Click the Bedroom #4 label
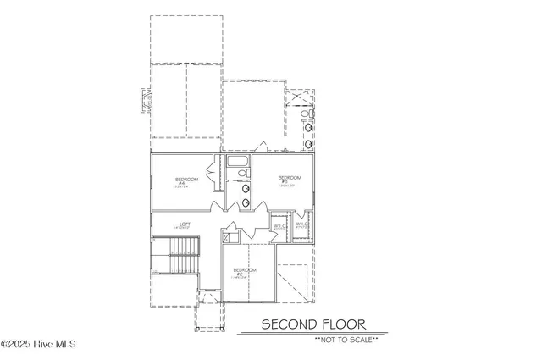186,181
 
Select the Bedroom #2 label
240,274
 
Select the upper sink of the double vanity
246,190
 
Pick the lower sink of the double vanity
246,202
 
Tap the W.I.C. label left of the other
280,226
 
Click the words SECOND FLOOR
312,324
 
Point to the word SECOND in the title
288,324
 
